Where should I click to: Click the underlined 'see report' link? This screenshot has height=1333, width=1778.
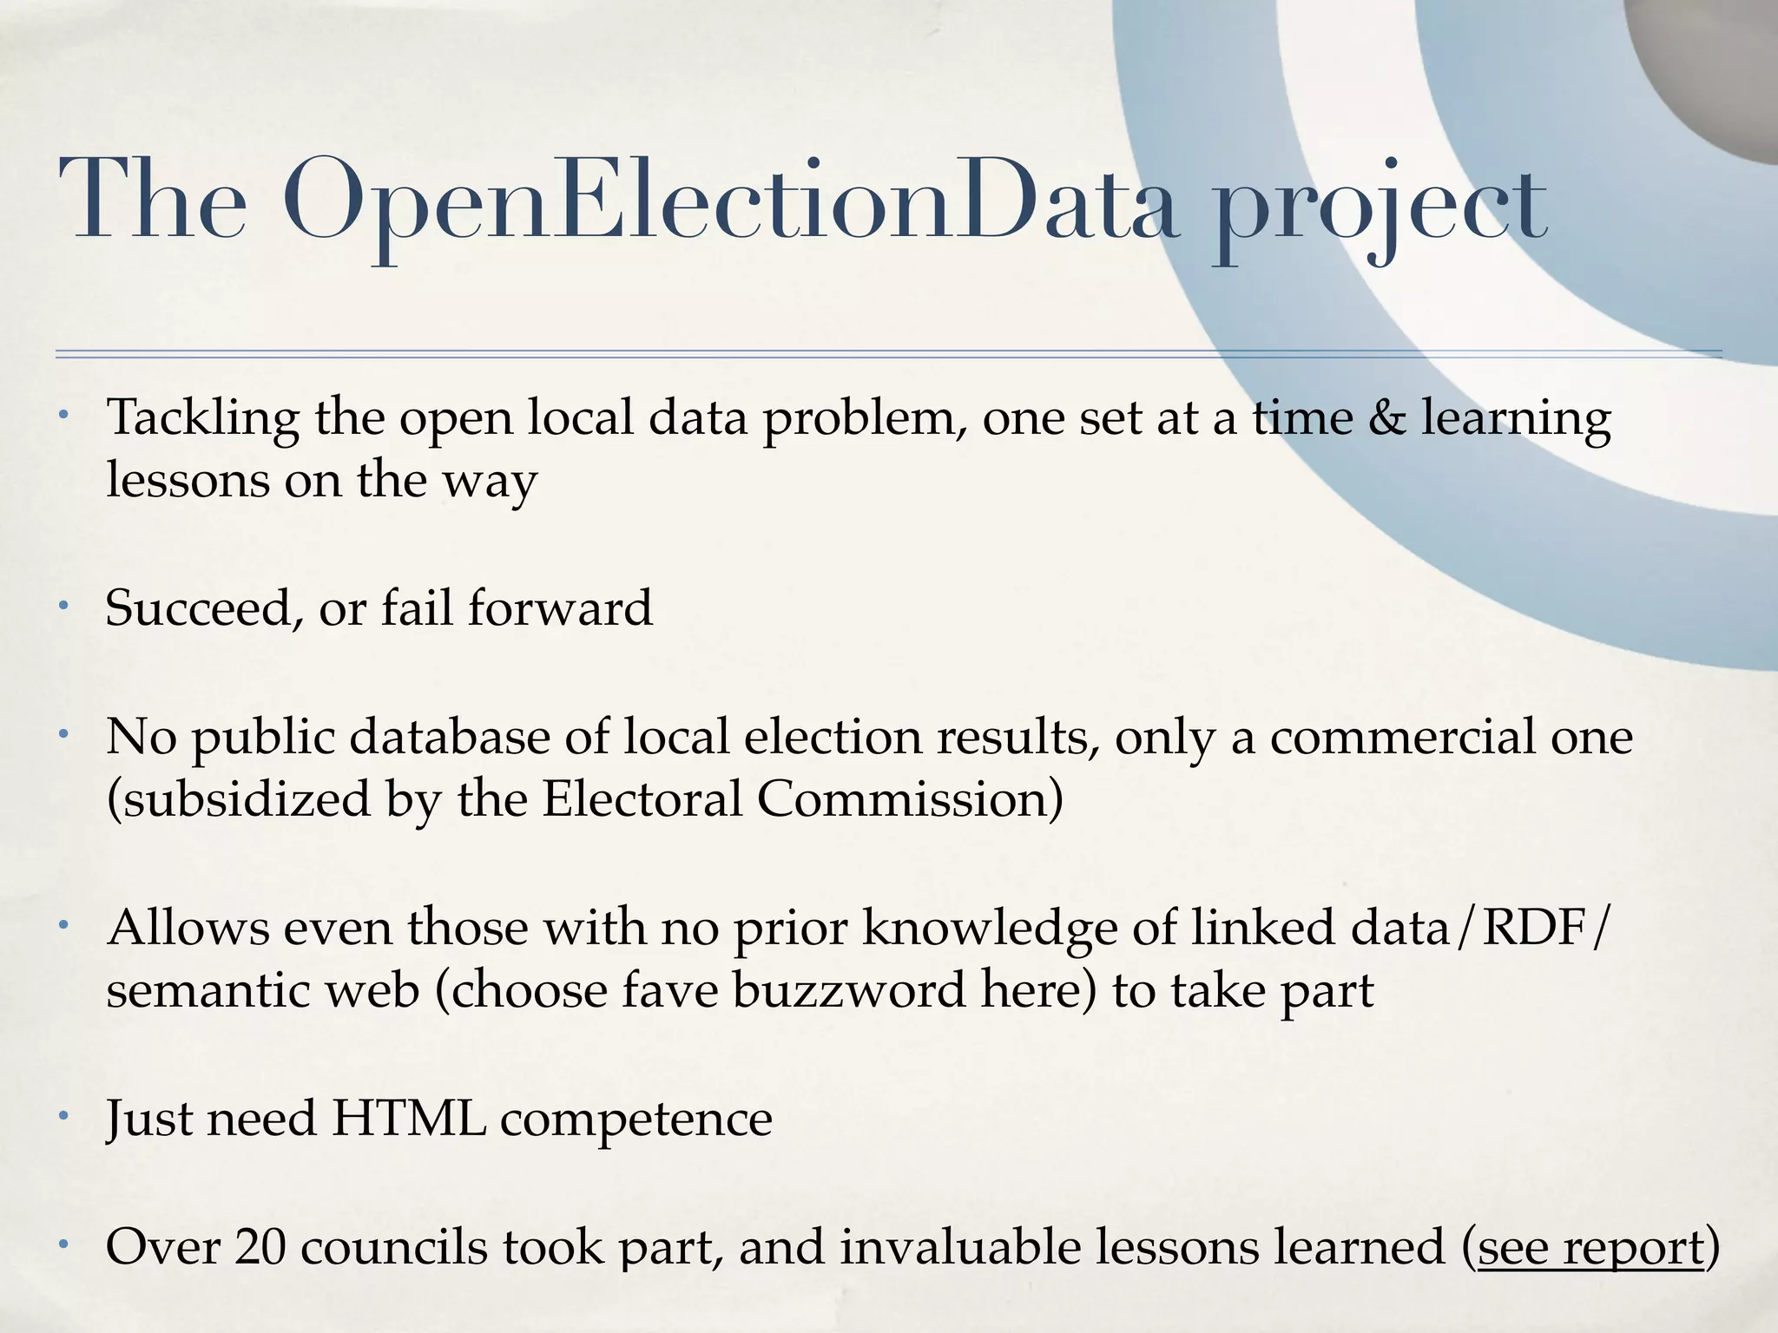(x=1590, y=1247)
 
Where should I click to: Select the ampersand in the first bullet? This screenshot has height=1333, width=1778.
(x=1386, y=417)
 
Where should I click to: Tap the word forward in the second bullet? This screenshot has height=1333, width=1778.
(x=560, y=607)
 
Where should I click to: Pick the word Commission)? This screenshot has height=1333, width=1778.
(x=910, y=798)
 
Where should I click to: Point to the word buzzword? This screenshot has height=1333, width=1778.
(x=848, y=990)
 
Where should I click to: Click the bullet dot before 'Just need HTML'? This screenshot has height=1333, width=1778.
(x=63, y=1115)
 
